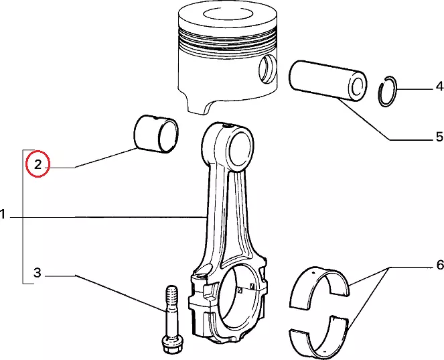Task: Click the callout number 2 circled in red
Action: pyautogui.click(x=38, y=164)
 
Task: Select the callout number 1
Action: pyautogui.click(x=3, y=214)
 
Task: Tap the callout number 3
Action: pyautogui.click(x=38, y=272)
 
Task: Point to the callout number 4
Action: pyautogui.click(x=439, y=86)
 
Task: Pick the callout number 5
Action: pyautogui.click(x=439, y=137)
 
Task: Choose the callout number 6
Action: pyautogui.click(x=440, y=265)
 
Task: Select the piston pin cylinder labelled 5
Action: pyautogui.click(x=327, y=80)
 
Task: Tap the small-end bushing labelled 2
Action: pyautogui.click(x=156, y=134)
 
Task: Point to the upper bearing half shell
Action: pyautogui.click(x=320, y=287)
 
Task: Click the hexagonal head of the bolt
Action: pyautogui.click(x=173, y=345)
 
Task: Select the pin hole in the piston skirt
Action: pyautogui.click(x=267, y=69)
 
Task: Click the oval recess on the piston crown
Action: pyautogui.click(x=228, y=15)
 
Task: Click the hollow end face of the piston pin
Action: pyautogui.click(x=358, y=86)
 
